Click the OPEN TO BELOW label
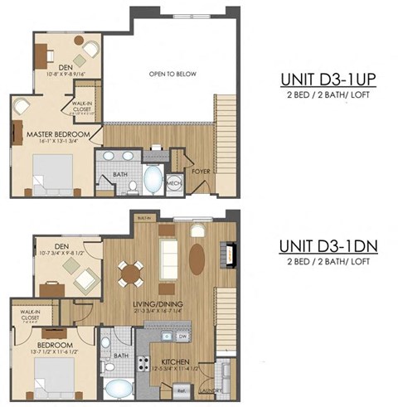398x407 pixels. [172, 74]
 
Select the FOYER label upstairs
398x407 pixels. [200, 172]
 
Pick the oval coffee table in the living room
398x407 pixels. [197, 258]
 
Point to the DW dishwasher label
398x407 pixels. [181, 337]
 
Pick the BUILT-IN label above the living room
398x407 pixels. [145, 218]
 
